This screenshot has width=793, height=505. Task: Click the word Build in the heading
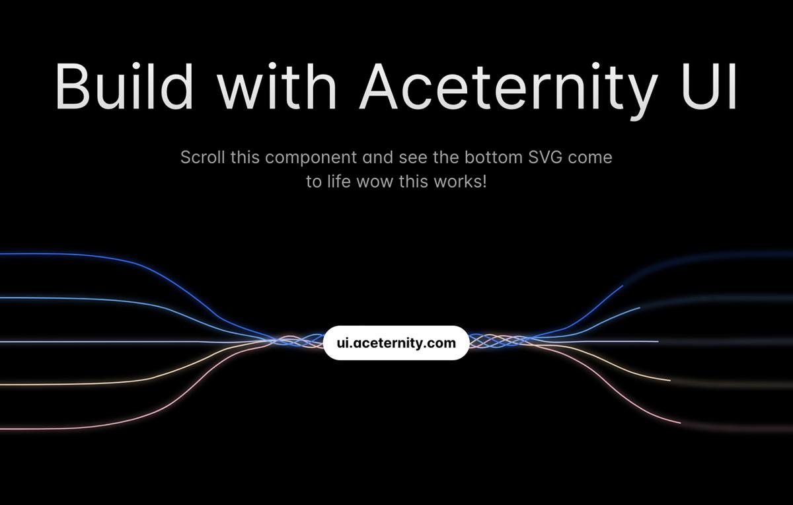(124, 87)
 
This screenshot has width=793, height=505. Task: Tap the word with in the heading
(277, 85)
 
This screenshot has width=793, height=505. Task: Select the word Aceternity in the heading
(508, 91)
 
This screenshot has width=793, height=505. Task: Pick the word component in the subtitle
(311, 158)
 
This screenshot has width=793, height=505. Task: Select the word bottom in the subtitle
(494, 157)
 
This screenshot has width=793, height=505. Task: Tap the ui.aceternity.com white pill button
(396, 343)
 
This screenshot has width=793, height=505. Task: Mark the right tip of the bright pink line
(680, 422)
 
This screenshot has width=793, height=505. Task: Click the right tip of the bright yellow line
(670, 380)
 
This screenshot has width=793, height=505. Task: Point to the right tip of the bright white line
(658, 341)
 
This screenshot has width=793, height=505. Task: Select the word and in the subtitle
(378, 157)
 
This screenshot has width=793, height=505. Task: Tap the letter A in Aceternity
(379, 87)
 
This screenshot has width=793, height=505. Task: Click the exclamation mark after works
(484, 181)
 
